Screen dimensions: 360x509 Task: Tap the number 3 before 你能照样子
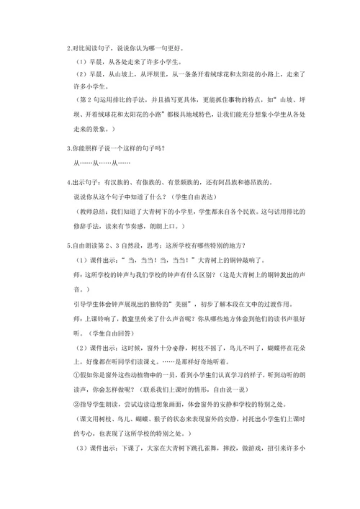67,149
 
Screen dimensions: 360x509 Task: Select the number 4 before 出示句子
67,181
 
